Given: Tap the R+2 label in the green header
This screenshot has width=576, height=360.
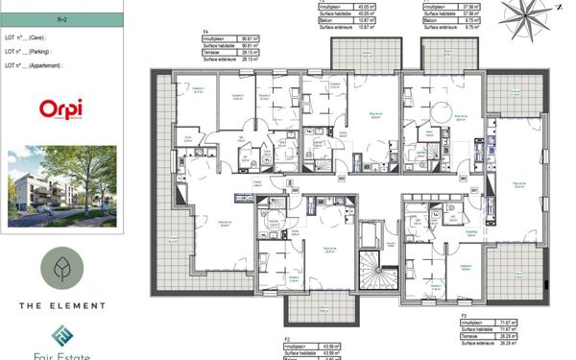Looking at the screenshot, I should click(x=62, y=18).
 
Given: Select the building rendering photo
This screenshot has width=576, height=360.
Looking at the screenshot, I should click(x=62, y=186).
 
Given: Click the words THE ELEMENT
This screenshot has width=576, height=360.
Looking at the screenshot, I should click(x=62, y=305).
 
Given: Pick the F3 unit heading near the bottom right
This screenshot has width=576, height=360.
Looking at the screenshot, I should click(x=463, y=314).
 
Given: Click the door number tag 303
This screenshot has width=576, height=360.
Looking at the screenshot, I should click(x=341, y=178).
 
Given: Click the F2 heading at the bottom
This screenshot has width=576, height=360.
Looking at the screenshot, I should click(x=287, y=340).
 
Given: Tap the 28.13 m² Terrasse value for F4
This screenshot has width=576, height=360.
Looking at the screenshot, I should click(x=252, y=52).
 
